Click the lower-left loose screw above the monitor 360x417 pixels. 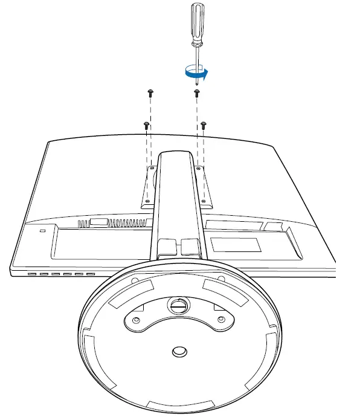[x=146, y=124]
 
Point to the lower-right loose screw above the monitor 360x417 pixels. [x=204, y=124]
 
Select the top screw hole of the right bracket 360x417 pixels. [x=198, y=164]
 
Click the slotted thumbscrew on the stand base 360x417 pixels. [x=176, y=305]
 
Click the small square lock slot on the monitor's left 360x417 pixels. [x=42, y=231]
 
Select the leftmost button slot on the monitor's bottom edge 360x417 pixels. [x=31, y=274]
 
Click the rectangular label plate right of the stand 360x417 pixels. [x=236, y=245]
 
